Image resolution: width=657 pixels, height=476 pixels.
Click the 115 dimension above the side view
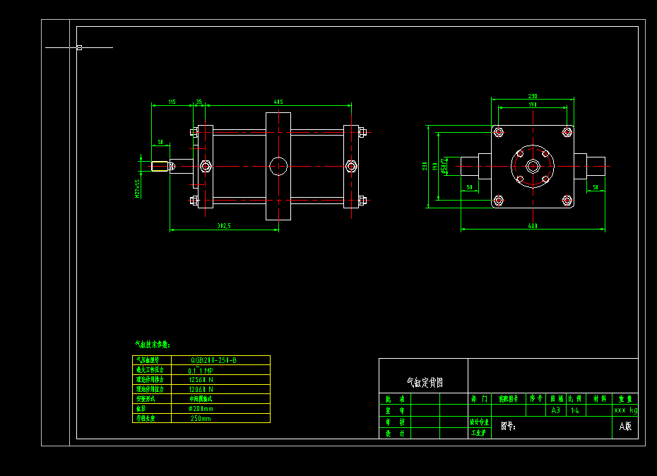[x=172, y=102]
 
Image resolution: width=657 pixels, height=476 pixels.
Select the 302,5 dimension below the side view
[x=225, y=226]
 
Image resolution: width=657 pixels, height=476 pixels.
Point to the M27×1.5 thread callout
[x=138, y=188]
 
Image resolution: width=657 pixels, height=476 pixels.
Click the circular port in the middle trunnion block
[x=279, y=166]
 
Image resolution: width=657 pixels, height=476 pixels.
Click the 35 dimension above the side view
[x=199, y=102]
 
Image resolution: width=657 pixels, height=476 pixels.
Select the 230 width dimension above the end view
[x=533, y=96]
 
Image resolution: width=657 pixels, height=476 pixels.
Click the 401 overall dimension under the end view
[x=533, y=226]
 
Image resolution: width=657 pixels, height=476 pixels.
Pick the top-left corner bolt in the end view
[x=499, y=132]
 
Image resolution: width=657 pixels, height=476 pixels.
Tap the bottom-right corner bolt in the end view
[x=567, y=201]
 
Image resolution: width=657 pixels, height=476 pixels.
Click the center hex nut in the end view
[x=533, y=166]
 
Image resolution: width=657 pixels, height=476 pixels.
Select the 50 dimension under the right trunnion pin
[x=596, y=187]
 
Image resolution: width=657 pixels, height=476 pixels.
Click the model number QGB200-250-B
[x=213, y=360]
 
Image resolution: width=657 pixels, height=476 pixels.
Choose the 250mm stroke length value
[x=201, y=418]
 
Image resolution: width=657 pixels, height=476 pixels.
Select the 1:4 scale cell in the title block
[x=575, y=410]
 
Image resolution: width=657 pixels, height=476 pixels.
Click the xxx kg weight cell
[x=625, y=410]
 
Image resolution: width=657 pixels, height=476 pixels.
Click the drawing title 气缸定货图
[x=425, y=382]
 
